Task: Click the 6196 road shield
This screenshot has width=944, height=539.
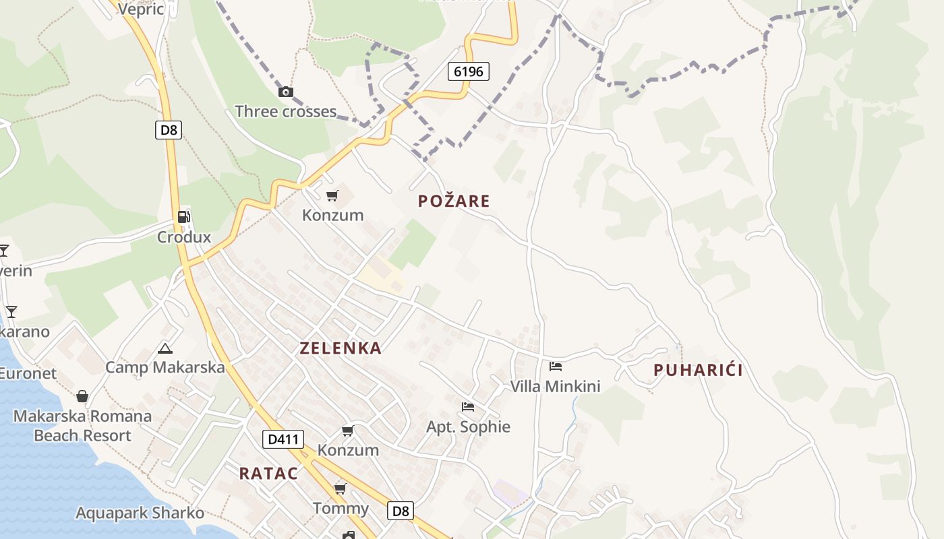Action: (x=468, y=71)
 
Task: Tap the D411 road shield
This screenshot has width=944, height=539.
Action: (x=283, y=440)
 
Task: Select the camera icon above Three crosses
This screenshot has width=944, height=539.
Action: (x=286, y=92)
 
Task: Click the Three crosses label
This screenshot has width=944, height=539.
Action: (x=285, y=111)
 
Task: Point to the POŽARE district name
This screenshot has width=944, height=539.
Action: (x=454, y=201)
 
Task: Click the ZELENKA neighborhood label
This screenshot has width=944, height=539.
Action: (x=341, y=348)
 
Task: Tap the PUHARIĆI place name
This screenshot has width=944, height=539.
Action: (x=699, y=370)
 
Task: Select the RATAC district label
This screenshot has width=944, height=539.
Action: (x=268, y=474)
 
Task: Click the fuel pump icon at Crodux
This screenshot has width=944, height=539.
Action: (x=184, y=217)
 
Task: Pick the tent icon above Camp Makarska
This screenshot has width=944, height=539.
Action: (x=165, y=348)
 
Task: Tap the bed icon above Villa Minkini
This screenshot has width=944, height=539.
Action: (x=556, y=367)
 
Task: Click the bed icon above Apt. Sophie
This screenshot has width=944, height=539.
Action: (x=468, y=406)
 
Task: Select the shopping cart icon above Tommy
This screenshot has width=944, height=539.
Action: (x=341, y=488)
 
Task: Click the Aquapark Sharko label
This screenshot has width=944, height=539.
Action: (x=140, y=513)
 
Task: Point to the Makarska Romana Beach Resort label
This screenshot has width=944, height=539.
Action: (x=82, y=426)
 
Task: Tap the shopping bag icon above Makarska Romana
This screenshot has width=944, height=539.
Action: (x=82, y=395)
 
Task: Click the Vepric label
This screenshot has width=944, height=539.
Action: (x=140, y=9)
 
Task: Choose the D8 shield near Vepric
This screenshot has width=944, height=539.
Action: (x=169, y=129)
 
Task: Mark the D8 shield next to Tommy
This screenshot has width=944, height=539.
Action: (x=401, y=511)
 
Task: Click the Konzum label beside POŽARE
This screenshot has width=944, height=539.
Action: (x=332, y=216)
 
